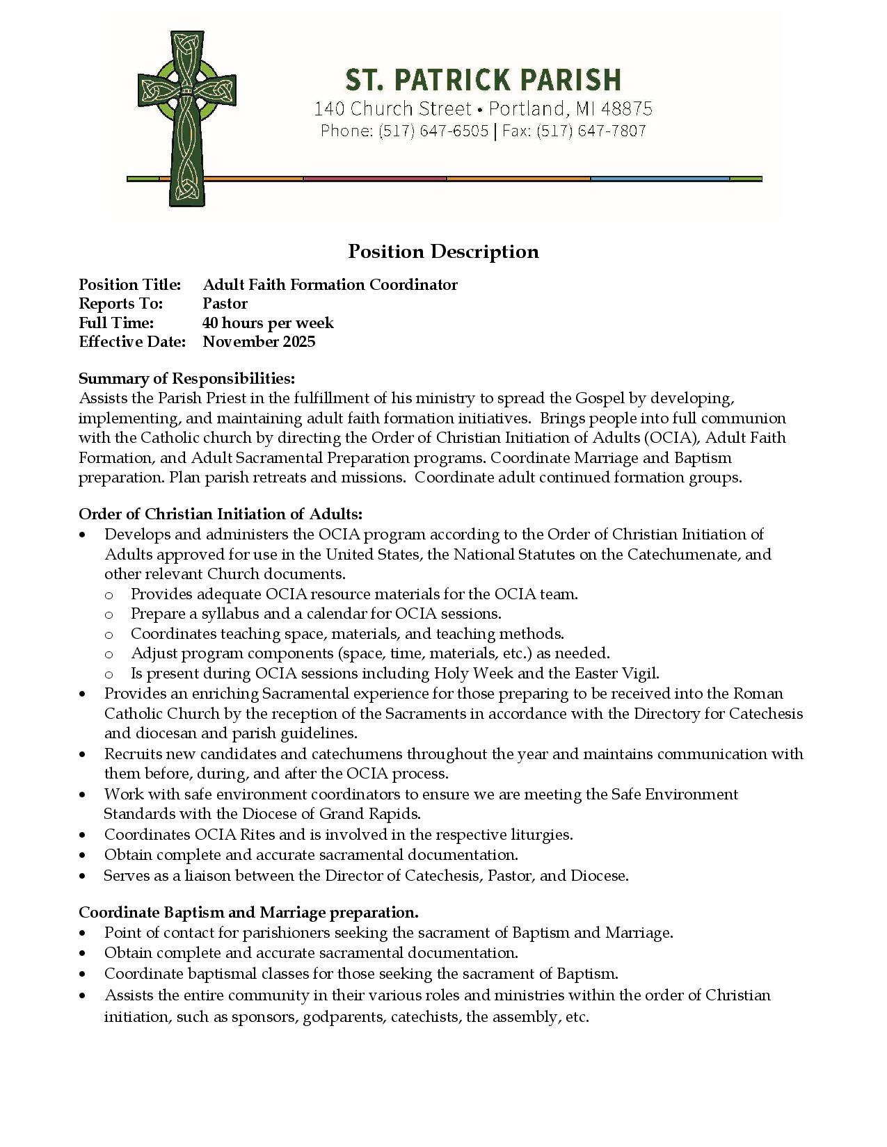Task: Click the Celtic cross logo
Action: (x=186, y=118)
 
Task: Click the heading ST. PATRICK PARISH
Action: (x=483, y=80)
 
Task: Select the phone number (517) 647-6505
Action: (x=433, y=131)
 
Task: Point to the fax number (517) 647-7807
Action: (x=591, y=131)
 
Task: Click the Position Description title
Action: (x=443, y=251)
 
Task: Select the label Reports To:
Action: (x=120, y=304)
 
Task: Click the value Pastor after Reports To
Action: (x=225, y=304)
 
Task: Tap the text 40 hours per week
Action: (x=268, y=323)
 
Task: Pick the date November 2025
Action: (x=259, y=341)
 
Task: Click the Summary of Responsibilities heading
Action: (x=186, y=378)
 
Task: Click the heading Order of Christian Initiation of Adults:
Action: (x=221, y=514)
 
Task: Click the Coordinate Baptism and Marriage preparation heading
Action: (x=248, y=912)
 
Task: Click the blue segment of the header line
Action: (x=660, y=179)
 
